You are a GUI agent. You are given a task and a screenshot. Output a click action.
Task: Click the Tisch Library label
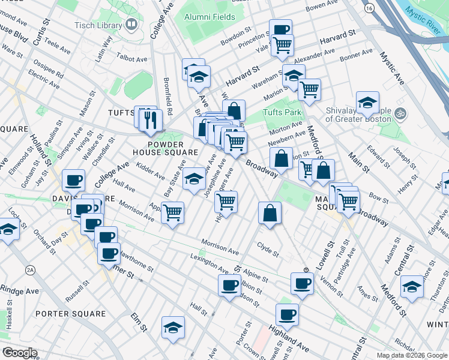click(x=98, y=25)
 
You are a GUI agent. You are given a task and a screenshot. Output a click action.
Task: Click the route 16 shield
click(x=369, y=8)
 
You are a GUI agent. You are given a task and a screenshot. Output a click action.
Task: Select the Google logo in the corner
click(x=19, y=353)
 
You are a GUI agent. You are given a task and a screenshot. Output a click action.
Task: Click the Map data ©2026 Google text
click(x=411, y=355)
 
